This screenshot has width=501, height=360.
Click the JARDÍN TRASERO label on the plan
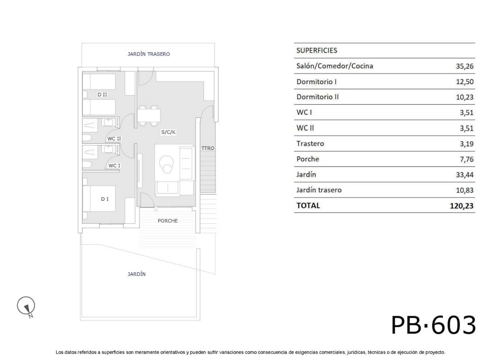(149, 54)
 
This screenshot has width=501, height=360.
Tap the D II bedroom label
(102, 95)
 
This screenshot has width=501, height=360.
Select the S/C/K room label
(169, 132)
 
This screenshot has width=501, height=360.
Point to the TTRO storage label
(208, 148)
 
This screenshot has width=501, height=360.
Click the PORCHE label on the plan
(168, 221)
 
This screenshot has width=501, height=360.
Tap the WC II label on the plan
(114, 139)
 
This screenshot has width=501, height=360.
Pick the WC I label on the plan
(114, 166)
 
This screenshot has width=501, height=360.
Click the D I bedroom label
(105, 199)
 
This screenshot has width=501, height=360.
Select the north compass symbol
(26, 306)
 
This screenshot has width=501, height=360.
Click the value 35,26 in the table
(464, 66)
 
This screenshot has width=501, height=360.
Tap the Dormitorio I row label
(316, 82)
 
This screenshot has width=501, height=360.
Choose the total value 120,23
(462, 206)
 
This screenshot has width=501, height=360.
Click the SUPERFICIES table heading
(316, 50)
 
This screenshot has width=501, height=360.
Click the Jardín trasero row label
(319, 190)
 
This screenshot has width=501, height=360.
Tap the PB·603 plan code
(433, 326)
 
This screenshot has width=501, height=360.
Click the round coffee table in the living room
(167, 162)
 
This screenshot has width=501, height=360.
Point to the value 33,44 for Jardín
(464, 175)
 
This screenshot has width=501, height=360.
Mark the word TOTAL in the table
(308, 206)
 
